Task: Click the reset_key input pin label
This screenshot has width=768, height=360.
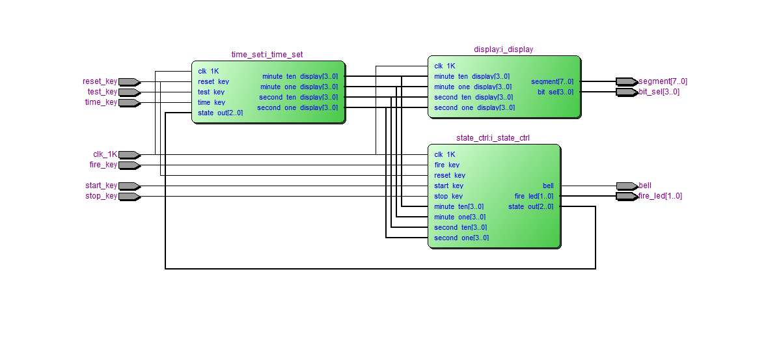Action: (x=100, y=81)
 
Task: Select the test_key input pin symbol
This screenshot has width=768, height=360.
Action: (x=129, y=92)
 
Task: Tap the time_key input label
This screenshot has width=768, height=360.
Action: (x=101, y=102)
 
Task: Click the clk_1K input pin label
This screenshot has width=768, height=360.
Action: (x=105, y=154)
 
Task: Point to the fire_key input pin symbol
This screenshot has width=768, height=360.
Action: (x=129, y=165)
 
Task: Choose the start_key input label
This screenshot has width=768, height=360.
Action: (x=101, y=186)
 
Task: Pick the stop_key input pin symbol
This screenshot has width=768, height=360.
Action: (x=129, y=196)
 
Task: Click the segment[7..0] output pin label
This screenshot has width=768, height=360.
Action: (x=663, y=81)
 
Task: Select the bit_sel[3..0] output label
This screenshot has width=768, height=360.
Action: (x=659, y=92)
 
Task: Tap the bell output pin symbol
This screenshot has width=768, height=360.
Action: (x=627, y=186)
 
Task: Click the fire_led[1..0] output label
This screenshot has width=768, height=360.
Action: (x=660, y=196)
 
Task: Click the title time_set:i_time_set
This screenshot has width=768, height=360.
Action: (x=267, y=55)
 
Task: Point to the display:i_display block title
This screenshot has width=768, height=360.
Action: (x=503, y=49)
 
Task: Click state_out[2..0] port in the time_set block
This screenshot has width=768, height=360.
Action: (x=220, y=113)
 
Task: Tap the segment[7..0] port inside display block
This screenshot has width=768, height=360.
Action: (x=552, y=81)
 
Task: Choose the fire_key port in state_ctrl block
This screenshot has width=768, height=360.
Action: (x=446, y=165)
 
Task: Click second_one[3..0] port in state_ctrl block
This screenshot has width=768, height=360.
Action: (x=461, y=238)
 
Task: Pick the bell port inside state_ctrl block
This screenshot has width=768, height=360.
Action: (x=547, y=186)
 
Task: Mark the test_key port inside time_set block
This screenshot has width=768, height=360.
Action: (x=211, y=92)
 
